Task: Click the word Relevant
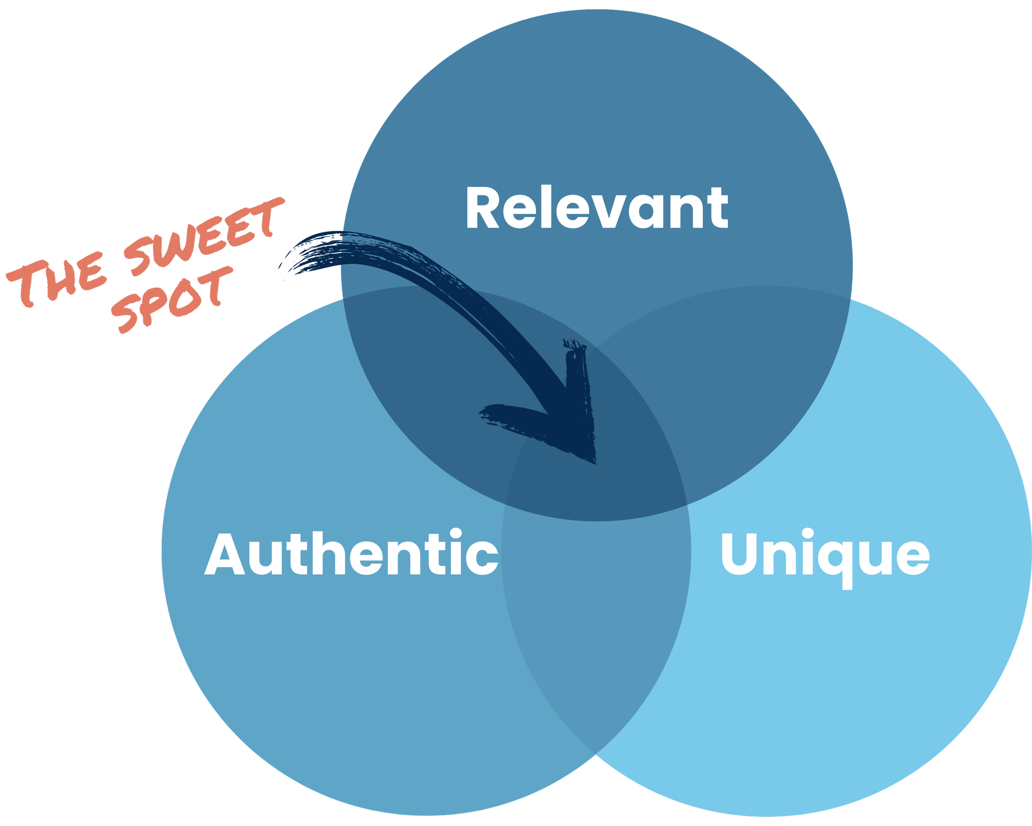pyautogui.click(x=597, y=207)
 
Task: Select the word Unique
pyautogui.click(x=825, y=555)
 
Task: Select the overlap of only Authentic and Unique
pyautogui.click(x=596, y=622)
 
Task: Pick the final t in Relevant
pyautogui.click(x=717, y=210)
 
